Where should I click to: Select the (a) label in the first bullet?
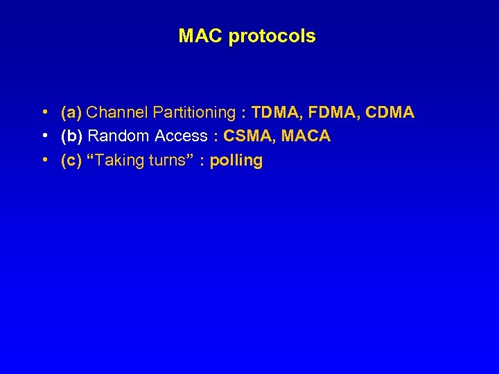click(71, 112)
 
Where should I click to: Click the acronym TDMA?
click(274, 112)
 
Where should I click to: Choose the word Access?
click(181, 136)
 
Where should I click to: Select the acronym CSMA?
click(246, 136)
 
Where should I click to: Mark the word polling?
click(236, 161)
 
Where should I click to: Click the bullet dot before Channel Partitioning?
click(44, 112)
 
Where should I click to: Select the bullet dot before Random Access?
click(44, 136)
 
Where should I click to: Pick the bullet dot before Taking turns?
click(44, 161)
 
